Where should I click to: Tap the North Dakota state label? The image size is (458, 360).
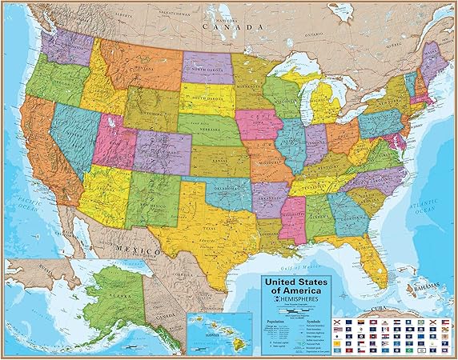[206, 68]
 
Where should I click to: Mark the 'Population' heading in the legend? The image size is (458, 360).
[274, 317]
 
